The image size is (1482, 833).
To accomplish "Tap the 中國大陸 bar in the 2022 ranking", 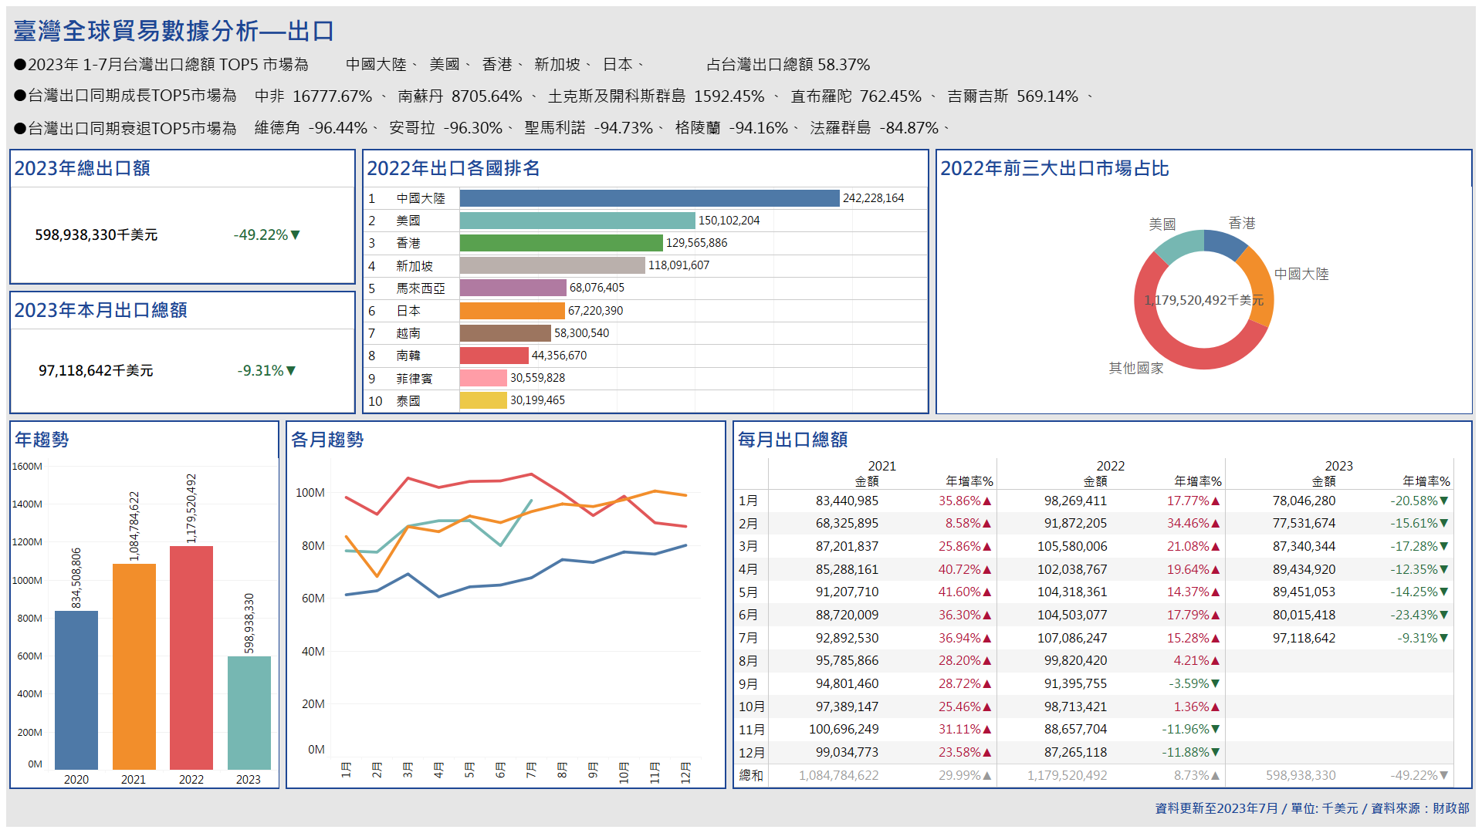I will coord(648,198).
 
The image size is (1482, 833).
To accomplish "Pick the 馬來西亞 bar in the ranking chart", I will coord(513,288).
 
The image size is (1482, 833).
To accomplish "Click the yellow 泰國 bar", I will coord(482,400).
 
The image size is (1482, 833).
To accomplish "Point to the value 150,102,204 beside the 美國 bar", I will coord(729,221).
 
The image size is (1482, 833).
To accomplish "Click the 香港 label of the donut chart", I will coord(1242,223).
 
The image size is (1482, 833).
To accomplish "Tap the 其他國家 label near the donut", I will coord(1135,368).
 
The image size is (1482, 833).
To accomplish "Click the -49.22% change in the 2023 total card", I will coord(266,234).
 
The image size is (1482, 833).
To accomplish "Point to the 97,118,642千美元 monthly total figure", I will coord(96,371).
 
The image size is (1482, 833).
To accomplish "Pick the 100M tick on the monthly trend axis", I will coord(310,492).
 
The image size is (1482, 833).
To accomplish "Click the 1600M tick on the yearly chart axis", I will coord(27,466).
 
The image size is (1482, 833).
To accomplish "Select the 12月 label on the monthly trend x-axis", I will coord(685,771).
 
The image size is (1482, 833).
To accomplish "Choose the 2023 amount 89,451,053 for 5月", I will coord(1304,592).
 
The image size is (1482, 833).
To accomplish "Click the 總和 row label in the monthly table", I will coord(750,775).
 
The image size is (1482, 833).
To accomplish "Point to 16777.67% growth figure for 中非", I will coord(332,96).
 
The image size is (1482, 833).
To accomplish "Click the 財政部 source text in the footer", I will coord(1451,808).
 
